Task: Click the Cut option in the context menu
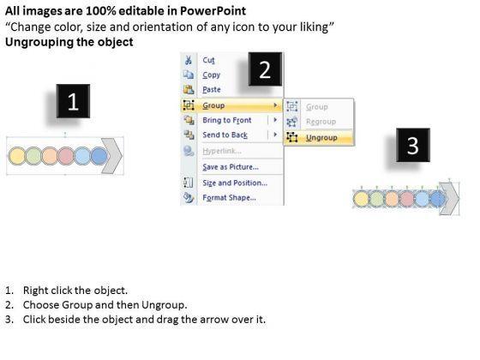[209, 60]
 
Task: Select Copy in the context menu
[211, 75]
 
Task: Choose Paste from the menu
[212, 90]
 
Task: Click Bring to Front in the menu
[227, 120]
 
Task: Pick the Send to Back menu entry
[225, 135]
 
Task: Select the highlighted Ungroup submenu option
[321, 138]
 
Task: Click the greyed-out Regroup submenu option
[321, 122]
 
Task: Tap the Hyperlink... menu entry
[222, 151]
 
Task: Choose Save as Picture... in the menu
[231, 167]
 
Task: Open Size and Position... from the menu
[235, 183]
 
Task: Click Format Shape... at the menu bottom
[230, 198]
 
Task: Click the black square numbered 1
[73, 101]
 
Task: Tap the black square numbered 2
[265, 69]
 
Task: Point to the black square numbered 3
[413, 145]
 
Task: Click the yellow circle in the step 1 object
[16, 156]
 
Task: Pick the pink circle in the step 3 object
[407, 199]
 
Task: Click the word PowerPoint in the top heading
[213, 11]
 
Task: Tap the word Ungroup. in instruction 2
[164, 305]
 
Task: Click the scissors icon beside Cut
[189, 60]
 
